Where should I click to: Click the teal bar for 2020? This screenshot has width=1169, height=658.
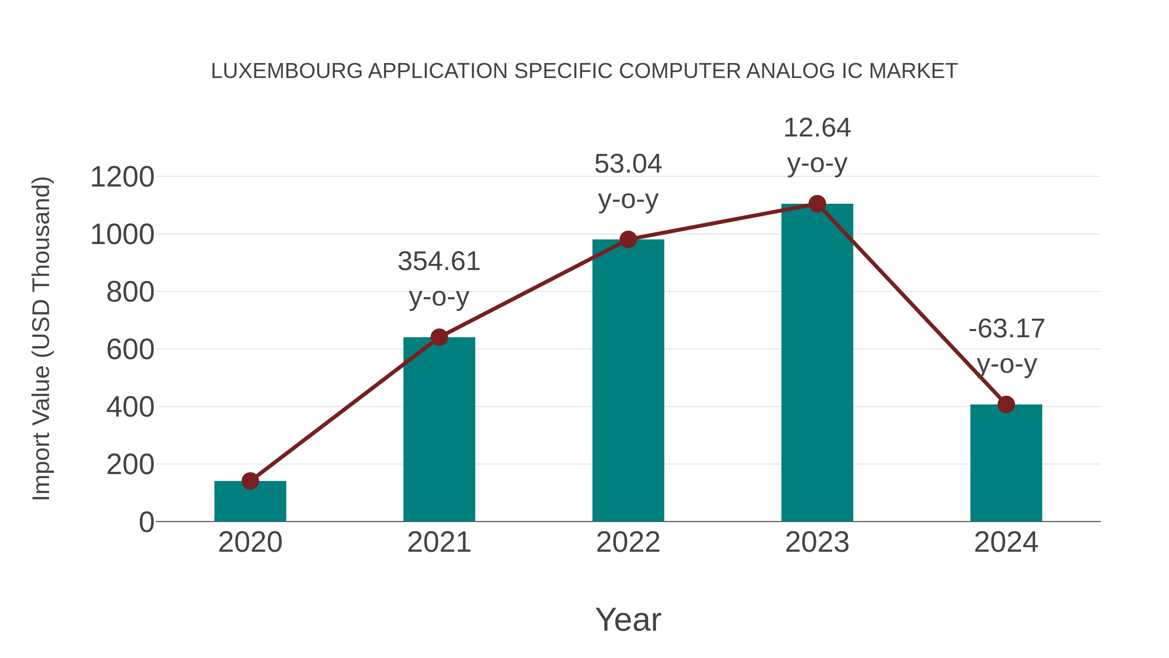tap(250, 501)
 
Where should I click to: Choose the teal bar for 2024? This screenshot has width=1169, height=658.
tap(1006, 463)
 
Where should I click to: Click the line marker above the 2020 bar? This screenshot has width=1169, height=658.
tap(250, 481)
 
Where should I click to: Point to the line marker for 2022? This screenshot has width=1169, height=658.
tap(628, 239)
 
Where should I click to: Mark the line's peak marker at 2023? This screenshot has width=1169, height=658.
tap(817, 204)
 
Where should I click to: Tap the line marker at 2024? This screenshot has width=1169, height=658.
tap(1006, 404)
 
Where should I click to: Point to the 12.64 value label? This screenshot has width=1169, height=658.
tap(817, 128)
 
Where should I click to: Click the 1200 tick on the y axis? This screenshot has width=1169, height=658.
tap(122, 177)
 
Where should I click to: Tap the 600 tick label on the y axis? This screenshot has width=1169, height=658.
tap(130, 350)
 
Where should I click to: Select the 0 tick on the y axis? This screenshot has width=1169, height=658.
tap(146, 522)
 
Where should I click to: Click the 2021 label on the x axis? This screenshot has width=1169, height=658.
tap(439, 542)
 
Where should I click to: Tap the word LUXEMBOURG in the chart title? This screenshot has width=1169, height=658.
tap(287, 71)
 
